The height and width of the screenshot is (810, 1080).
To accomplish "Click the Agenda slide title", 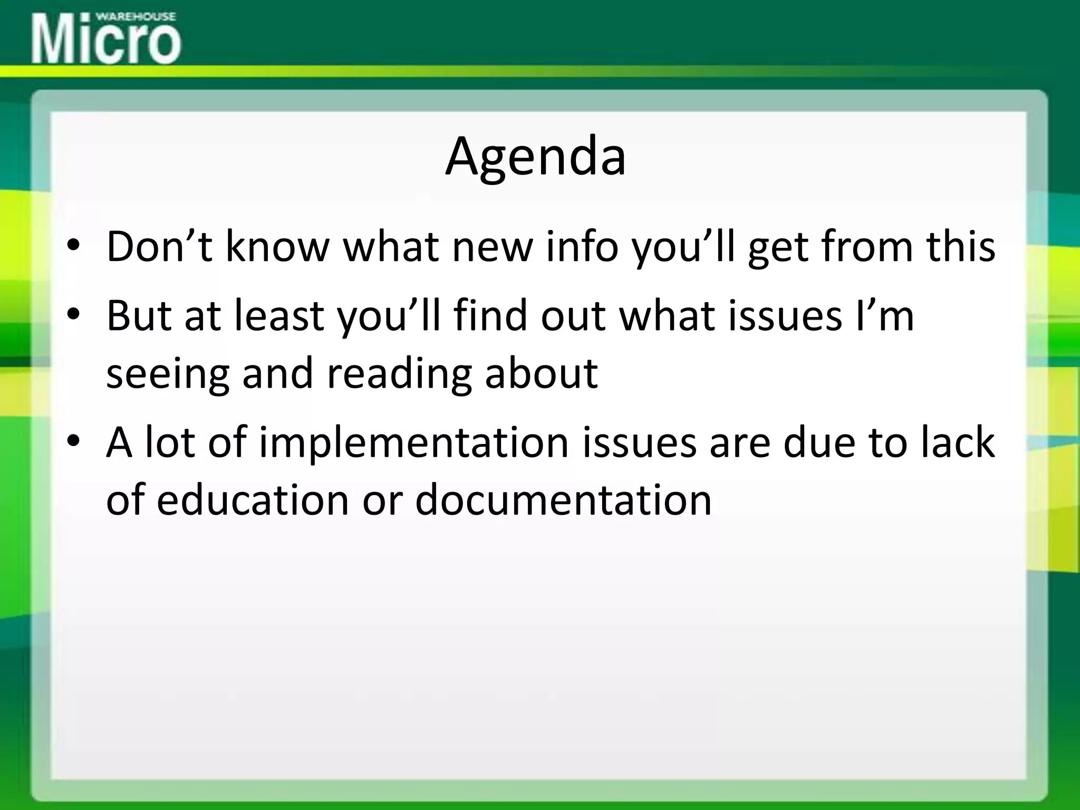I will (x=536, y=157).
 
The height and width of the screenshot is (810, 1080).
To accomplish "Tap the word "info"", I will (x=582, y=246).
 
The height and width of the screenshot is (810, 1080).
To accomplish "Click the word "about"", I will (x=541, y=372).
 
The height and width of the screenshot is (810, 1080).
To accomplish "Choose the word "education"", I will (x=253, y=499).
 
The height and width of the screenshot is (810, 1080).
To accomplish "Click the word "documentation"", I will (x=563, y=499).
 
